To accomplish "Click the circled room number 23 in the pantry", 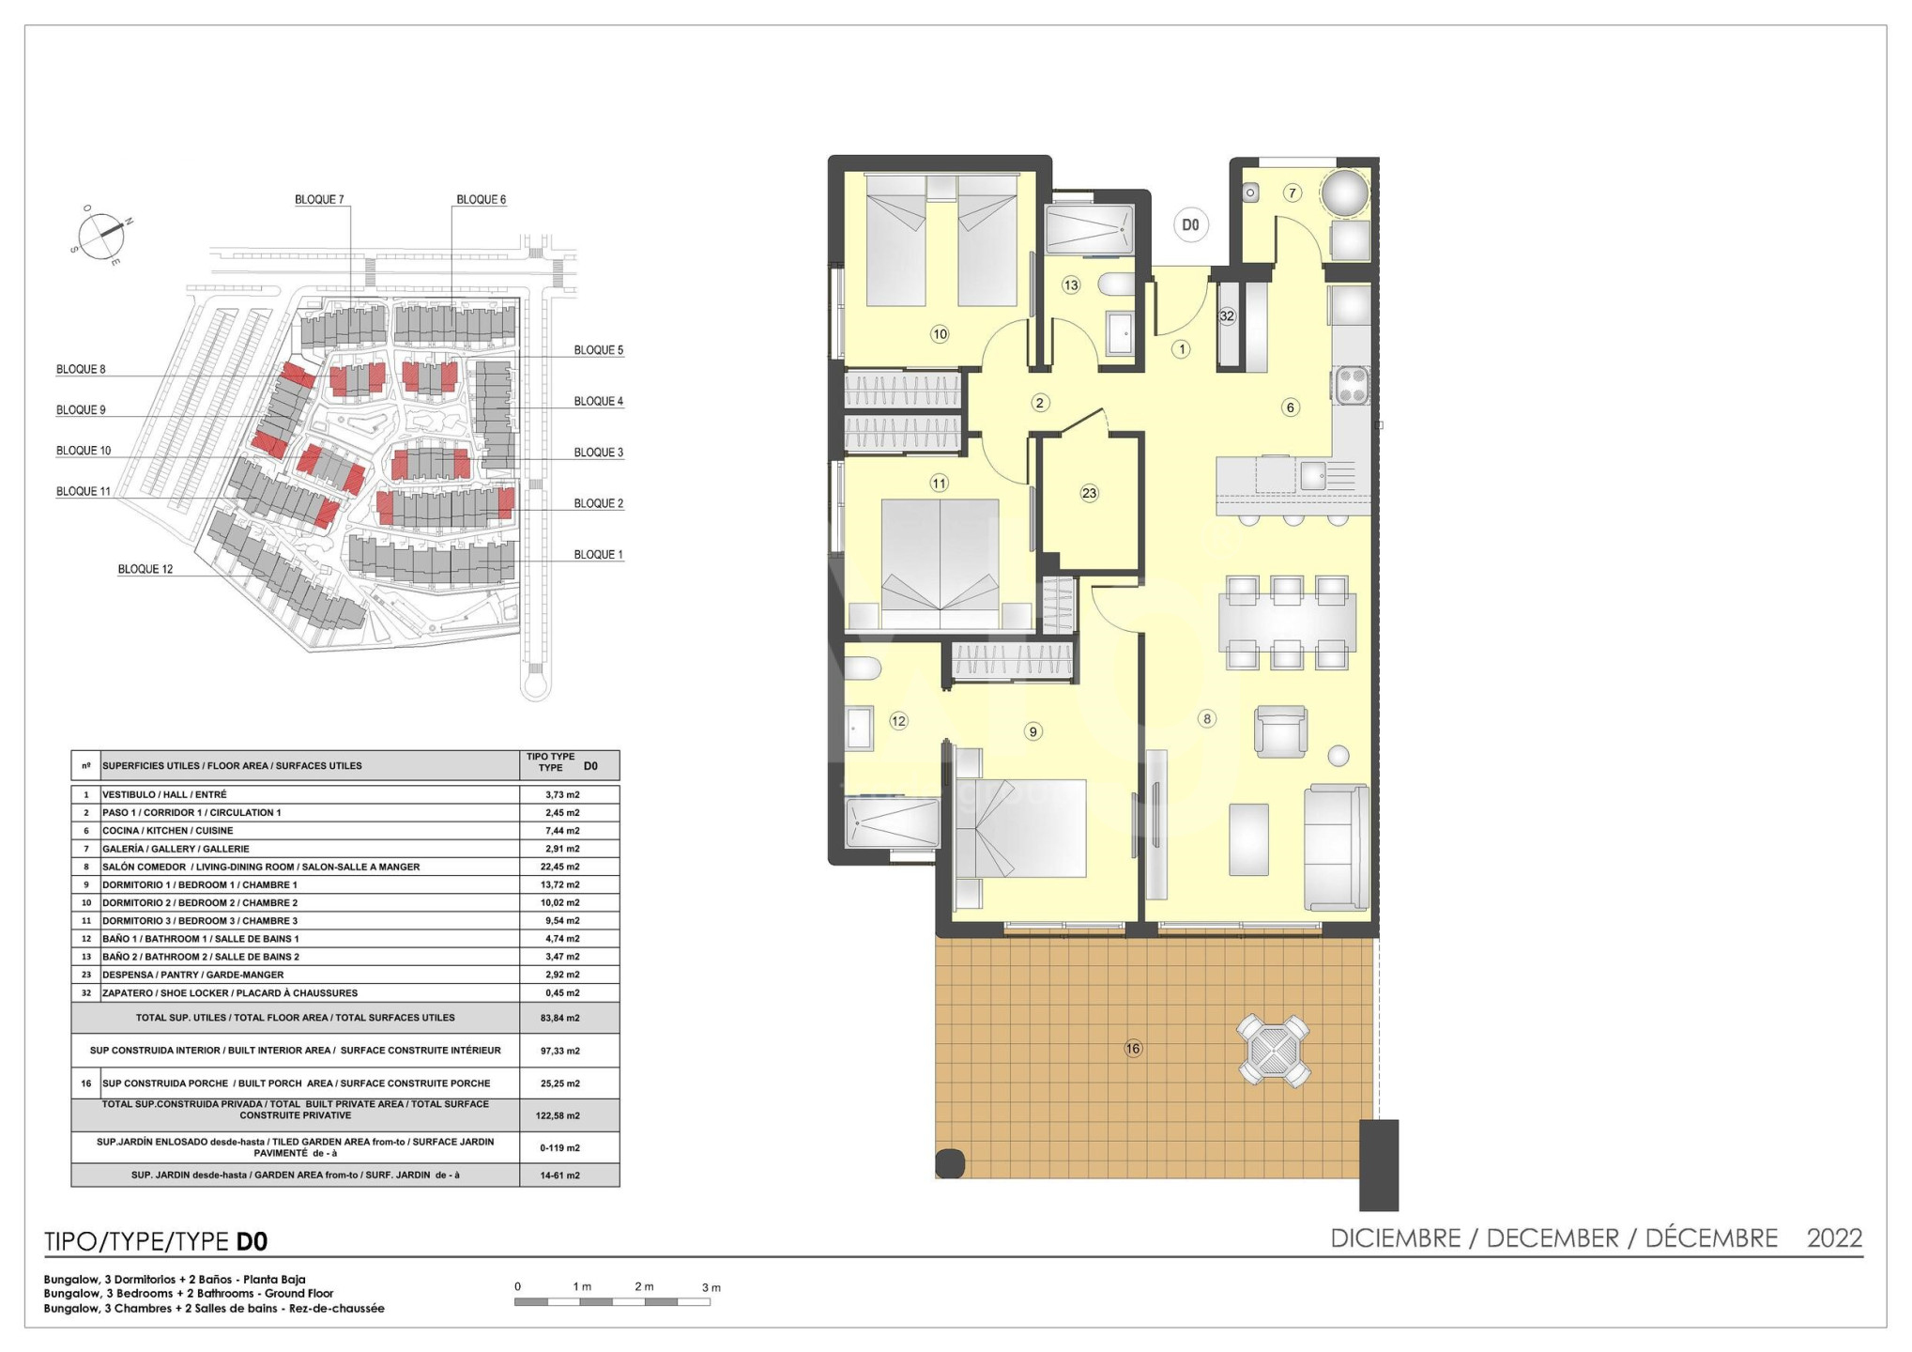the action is click(x=1089, y=493).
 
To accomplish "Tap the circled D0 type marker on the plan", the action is click(x=1190, y=225).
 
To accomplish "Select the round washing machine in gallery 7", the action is click(x=1345, y=193).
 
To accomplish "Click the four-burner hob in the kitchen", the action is click(x=1352, y=385).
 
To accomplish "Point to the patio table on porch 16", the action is click(x=1272, y=1050).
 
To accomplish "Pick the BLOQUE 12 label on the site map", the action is click(x=145, y=569).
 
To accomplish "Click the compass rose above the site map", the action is click(x=100, y=236).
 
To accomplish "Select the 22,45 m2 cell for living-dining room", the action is click(x=559, y=867).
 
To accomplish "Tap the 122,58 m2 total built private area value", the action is click(x=559, y=1115).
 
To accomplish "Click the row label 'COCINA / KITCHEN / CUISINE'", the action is click(x=167, y=831).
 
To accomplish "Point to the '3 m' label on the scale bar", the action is click(x=711, y=1287).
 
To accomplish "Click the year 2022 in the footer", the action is click(x=1834, y=1238).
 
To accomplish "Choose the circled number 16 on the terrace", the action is click(x=1133, y=1049).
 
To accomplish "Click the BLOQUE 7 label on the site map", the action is click(x=319, y=199).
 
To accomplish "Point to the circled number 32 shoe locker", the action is click(x=1227, y=316).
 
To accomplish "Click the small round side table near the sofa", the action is click(x=1338, y=756).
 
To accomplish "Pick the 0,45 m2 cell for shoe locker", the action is click(x=559, y=992).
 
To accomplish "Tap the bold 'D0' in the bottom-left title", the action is click(x=252, y=1242).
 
